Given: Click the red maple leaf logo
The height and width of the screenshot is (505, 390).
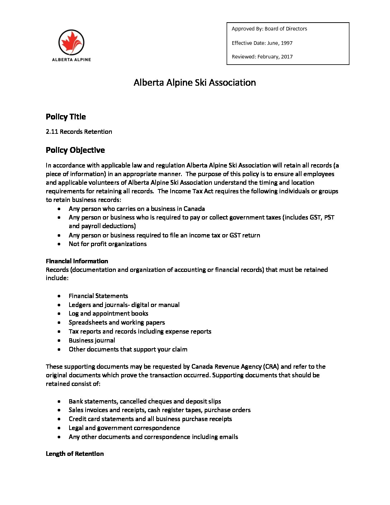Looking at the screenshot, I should tap(71, 42).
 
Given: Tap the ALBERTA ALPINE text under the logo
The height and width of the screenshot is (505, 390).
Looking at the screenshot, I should tap(71, 60).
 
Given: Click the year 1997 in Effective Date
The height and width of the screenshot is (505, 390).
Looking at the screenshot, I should tap(286, 43).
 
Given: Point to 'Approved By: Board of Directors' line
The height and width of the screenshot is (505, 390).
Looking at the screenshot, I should tap(269, 29).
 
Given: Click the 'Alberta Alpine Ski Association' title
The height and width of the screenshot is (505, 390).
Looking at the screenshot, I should tap(195, 82).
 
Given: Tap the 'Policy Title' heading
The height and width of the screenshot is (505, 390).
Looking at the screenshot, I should tap(66, 117).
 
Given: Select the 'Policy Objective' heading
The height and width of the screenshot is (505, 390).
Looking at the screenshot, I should tap(75, 150).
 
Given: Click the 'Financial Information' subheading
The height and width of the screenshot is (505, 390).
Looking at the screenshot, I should tap(77, 261).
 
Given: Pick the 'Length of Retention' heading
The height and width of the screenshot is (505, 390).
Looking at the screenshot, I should tap(75, 454).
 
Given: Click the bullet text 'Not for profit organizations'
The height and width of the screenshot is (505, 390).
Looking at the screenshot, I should tap(108, 244).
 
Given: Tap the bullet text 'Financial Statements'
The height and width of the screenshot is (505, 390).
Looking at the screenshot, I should tap(98, 296).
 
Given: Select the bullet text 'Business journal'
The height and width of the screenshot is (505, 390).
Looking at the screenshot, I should tap(92, 340).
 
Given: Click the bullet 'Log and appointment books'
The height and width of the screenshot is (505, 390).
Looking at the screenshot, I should tap(108, 313).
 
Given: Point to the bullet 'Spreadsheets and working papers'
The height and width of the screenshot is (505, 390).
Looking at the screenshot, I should tap(117, 322).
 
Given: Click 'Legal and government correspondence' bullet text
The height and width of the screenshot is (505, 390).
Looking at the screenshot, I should tap(124, 428).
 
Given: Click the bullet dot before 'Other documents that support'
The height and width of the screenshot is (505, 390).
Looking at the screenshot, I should tap(59, 349).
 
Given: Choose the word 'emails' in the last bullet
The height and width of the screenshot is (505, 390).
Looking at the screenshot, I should tap(229, 437).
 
